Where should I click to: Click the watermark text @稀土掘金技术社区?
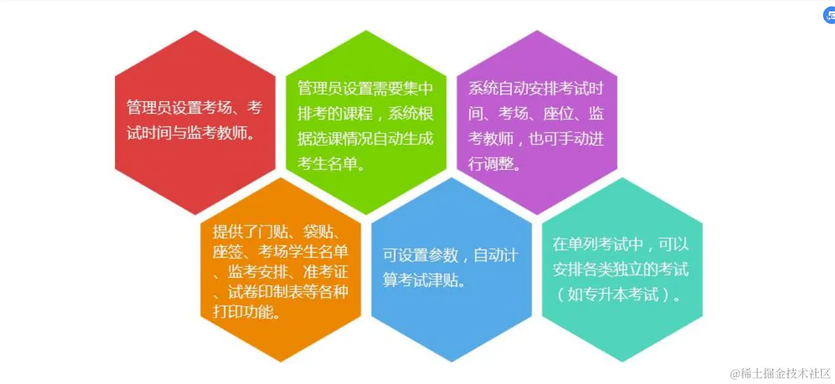tap(780, 373)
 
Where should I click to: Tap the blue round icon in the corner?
tap(829, 16)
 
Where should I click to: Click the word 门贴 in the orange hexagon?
tap(273, 232)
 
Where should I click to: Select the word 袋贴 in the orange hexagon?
tap(318, 232)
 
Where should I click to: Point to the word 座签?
tap(228, 252)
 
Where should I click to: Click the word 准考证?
tap(326, 272)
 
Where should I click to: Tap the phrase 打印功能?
tap(243, 312)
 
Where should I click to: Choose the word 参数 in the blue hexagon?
tap(443, 256)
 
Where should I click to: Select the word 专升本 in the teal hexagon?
tap(606, 294)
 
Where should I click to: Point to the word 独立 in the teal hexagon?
tap(628, 269)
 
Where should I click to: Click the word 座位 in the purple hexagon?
tap(558, 113)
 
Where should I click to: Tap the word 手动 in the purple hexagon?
tap(574, 138)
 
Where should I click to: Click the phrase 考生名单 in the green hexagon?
tap(327, 164)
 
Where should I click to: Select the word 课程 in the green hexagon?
tap(358, 113)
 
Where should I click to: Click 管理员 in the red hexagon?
tap(149, 107)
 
